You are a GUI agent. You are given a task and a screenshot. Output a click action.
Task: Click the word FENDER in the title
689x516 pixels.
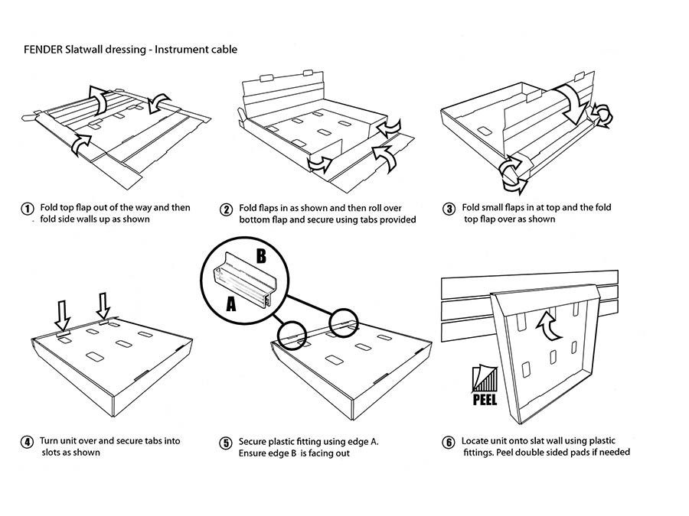[x=44, y=50]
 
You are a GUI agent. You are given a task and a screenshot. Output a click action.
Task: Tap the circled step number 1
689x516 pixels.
[x=27, y=208]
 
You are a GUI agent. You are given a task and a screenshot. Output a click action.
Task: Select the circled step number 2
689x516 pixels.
[x=226, y=209]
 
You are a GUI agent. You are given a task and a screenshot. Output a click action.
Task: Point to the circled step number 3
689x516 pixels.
[x=449, y=208]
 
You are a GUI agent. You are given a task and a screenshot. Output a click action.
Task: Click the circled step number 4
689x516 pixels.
[x=27, y=442]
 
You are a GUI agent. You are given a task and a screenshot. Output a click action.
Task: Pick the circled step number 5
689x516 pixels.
[x=226, y=443]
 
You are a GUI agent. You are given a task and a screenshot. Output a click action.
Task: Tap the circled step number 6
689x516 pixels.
[x=449, y=442]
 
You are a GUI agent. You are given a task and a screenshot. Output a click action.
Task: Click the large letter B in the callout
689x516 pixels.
[x=260, y=256]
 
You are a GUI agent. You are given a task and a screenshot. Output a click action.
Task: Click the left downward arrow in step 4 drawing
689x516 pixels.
[x=63, y=313]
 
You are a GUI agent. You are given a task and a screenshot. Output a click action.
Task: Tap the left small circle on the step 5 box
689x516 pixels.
[x=292, y=334]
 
